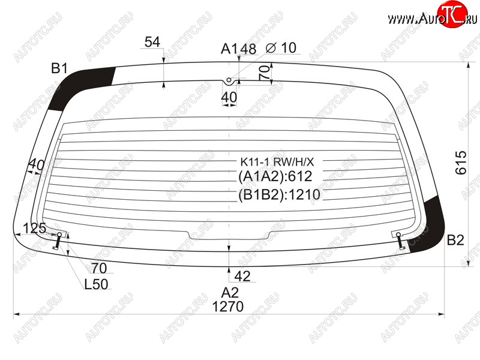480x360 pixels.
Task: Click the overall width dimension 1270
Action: (x=228, y=307)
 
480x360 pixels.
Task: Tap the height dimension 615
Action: (x=461, y=163)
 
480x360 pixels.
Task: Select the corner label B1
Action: (x=59, y=68)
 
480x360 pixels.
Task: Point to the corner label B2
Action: (x=455, y=240)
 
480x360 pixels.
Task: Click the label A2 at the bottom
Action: (x=230, y=293)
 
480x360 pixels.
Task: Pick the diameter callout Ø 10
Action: (x=281, y=48)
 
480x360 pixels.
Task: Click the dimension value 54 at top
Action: (x=152, y=42)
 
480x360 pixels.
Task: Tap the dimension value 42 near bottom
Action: (x=242, y=276)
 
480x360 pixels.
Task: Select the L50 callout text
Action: (x=96, y=284)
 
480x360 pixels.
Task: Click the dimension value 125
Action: (x=35, y=229)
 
